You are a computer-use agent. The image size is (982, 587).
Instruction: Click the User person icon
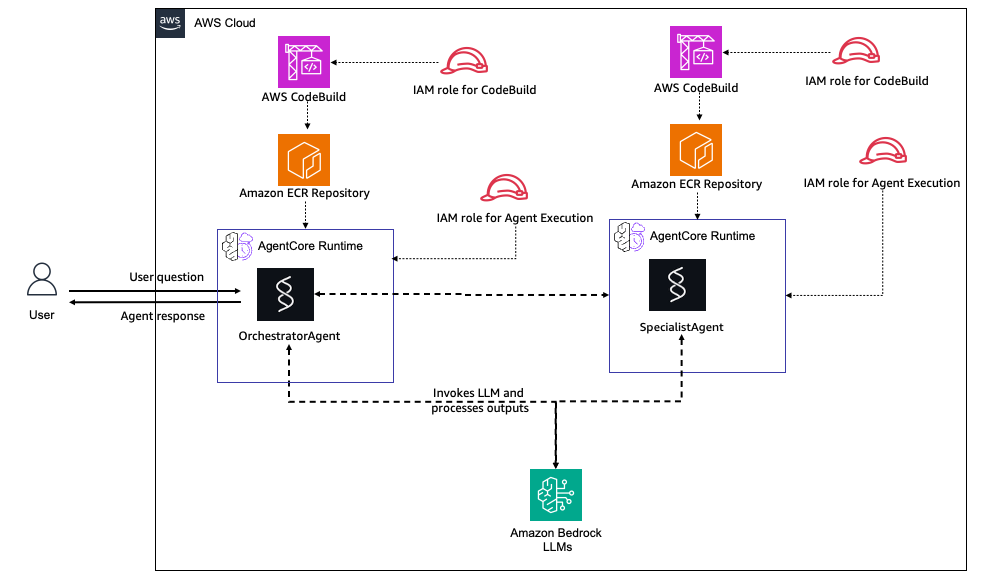tap(42, 280)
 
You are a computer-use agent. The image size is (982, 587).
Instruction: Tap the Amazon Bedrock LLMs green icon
tap(555, 495)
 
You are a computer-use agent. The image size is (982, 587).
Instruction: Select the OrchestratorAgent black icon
tap(285, 293)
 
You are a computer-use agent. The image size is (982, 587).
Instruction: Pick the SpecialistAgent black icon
tap(677, 286)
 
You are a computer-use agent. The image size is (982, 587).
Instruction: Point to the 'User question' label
tap(166, 277)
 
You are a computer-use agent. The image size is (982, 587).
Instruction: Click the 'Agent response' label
tap(162, 316)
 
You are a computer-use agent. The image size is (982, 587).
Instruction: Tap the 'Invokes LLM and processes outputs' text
tap(479, 400)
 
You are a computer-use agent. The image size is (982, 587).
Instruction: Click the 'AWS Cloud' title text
tap(225, 23)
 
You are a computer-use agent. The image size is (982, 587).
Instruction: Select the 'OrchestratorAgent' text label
tap(289, 336)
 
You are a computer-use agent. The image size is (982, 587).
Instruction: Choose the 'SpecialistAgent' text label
tap(681, 327)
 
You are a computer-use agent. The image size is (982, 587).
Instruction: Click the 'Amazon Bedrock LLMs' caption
tap(556, 540)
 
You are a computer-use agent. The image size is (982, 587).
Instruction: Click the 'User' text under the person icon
tap(42, 315)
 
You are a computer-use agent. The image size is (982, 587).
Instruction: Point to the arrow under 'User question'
tap(155, 292)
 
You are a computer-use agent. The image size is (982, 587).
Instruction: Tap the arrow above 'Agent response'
tap(155, 301)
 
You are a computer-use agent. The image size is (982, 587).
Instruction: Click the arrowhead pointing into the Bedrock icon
tap(555, 463)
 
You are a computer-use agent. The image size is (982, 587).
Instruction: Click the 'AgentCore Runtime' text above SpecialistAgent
tap(703, 236)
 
